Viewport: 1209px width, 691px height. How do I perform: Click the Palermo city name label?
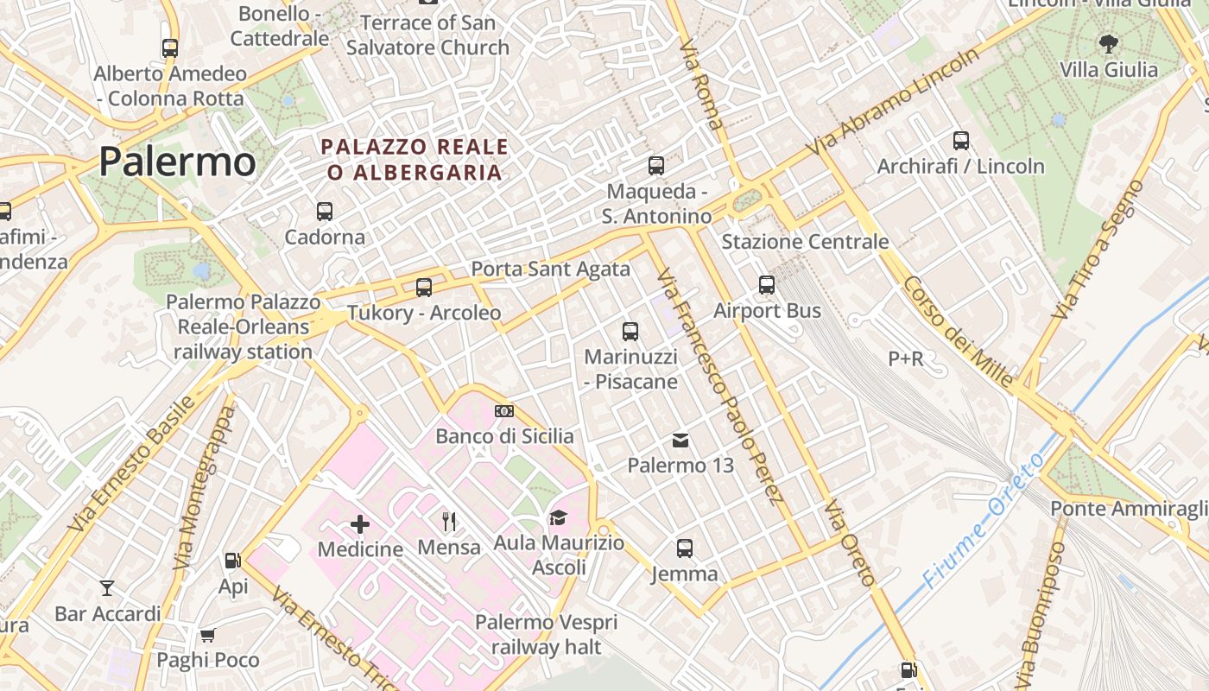click(177, 162)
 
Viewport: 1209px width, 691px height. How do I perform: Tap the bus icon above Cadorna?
click(325, 211)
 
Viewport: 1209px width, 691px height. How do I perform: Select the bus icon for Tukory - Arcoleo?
click(424, 288)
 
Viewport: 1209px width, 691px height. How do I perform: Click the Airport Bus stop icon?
click(767, 285)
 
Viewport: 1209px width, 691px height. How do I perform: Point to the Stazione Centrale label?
click(805, 242)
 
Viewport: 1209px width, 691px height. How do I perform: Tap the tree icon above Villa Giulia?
click(1108, 43)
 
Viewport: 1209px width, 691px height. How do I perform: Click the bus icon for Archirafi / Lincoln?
click(961, 141)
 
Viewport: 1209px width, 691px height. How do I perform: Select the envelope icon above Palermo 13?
click(680, 441)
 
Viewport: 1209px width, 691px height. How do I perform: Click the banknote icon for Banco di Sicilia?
click(504, 411)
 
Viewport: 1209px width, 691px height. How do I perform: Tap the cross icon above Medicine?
click(360, 523)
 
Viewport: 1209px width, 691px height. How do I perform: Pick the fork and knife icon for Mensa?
click(449, 522)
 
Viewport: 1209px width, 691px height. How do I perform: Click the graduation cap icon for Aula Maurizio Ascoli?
click(558, 518)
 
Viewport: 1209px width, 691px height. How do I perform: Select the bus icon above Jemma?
click(685, 548)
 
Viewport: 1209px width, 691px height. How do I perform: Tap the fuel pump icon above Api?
click(232, 561)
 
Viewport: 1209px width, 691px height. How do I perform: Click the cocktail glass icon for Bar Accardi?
click(107, 588)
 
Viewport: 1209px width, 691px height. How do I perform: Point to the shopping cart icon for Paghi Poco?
click(207, 636)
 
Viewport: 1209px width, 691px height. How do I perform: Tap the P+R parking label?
click(906, 358)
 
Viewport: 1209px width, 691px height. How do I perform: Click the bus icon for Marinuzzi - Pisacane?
click(630, 331)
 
